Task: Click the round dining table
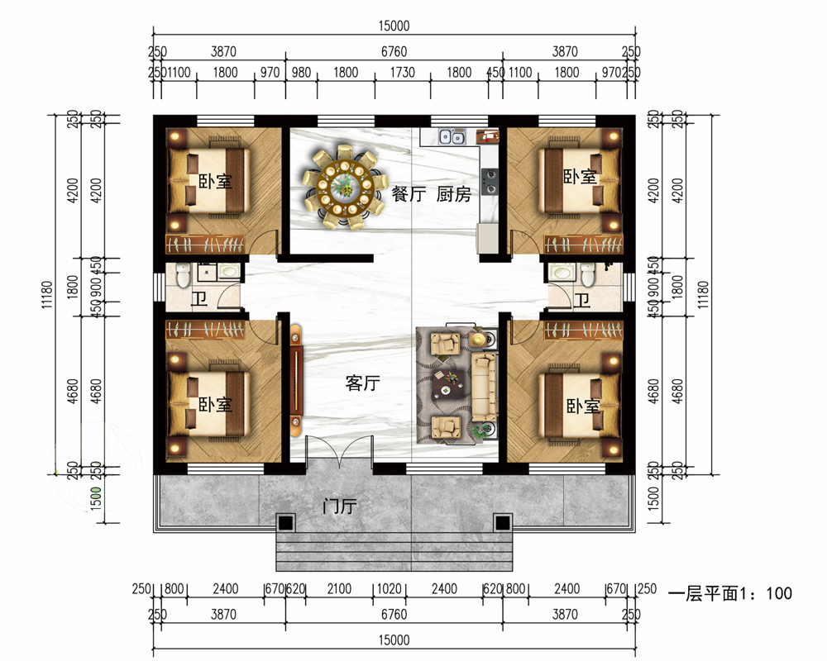pos(345,186)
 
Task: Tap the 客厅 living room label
pos(363,383)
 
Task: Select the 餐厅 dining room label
pos(409,194)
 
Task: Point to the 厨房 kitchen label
pos(453,194)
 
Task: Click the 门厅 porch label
pos(340,506)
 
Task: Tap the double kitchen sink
pos(452,137)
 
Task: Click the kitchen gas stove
pos(490,181)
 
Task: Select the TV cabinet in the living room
pos(296,381)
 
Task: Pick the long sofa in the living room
pos(483,388)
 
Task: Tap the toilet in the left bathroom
pos(183,274)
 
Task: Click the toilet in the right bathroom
pos(587,274)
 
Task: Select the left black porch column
pos(286,523)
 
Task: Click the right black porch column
pos(503,523)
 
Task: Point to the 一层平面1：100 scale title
pos(730,593)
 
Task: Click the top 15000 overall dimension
pos(394,26)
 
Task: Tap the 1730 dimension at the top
pos(403,72)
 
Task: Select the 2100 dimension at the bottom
pos(339,589)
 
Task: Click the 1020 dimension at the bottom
pos(390,589)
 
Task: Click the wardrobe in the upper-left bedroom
pos(205,245)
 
